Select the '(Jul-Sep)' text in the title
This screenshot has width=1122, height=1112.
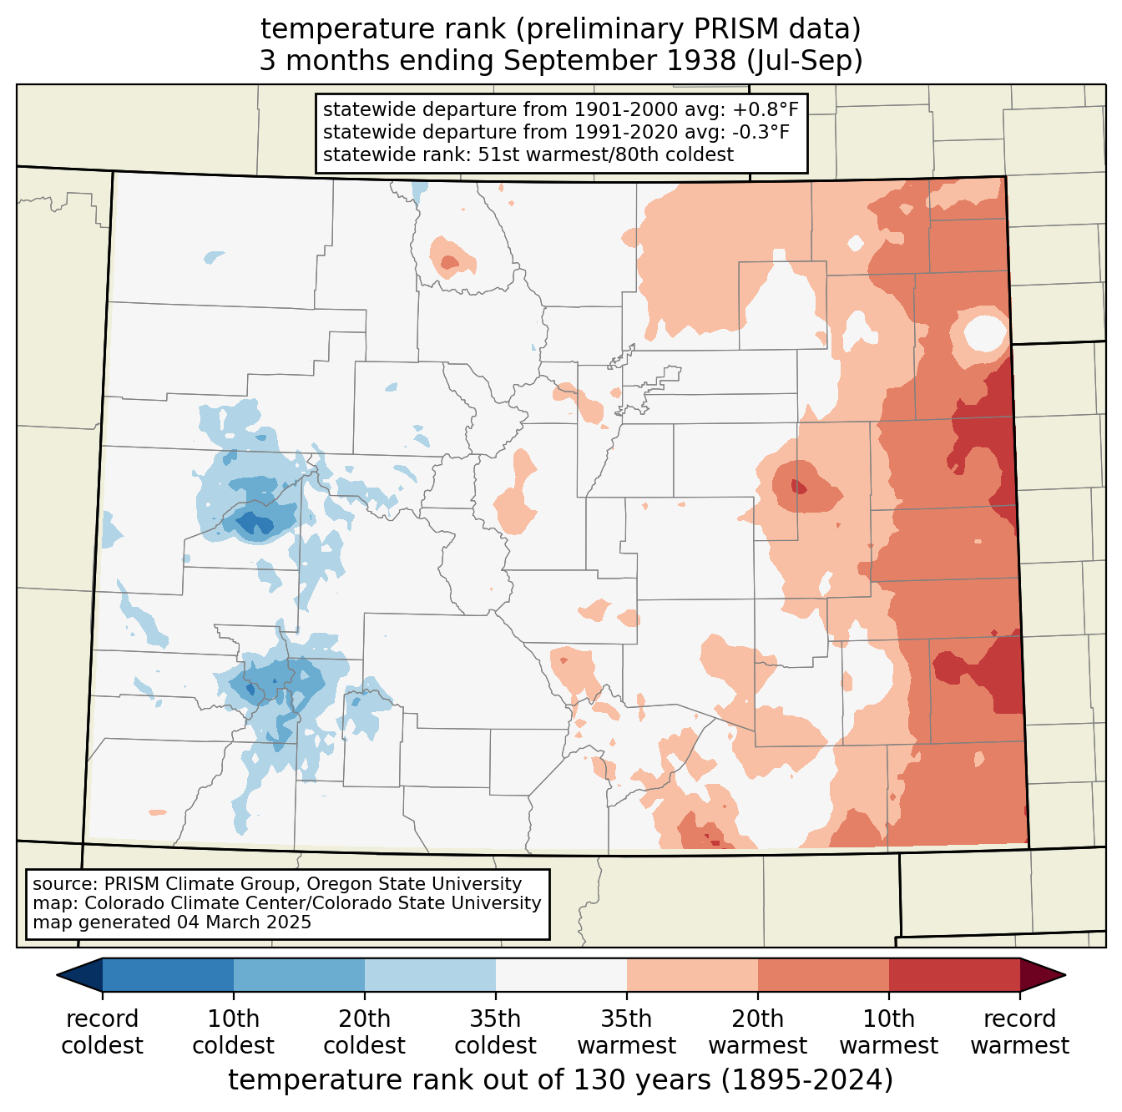coord(803,61)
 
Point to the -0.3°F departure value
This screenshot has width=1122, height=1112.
coord(761,132)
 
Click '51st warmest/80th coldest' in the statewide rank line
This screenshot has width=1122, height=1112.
coord(605,154)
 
